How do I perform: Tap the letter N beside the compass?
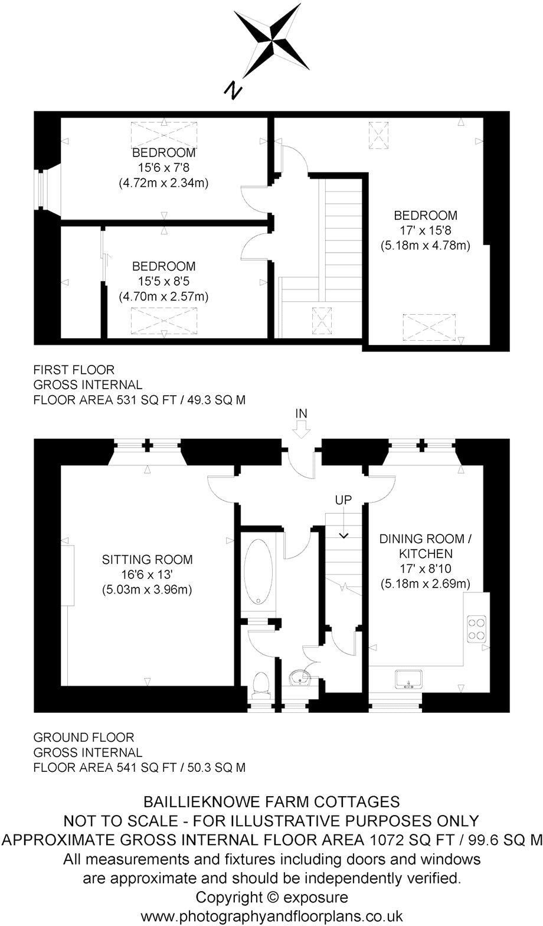point(234,90)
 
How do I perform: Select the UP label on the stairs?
point(343,500)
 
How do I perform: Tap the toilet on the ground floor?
point(260,684)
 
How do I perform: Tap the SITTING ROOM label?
point(148,559)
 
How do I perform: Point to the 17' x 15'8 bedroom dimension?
point(426,230)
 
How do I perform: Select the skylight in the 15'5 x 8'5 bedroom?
point(163,323)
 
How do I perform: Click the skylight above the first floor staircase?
point(322,322)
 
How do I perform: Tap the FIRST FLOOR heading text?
point(74,370)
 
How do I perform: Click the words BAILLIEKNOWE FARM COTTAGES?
point(272,801)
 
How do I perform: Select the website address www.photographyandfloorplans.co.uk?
point(272,916)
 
